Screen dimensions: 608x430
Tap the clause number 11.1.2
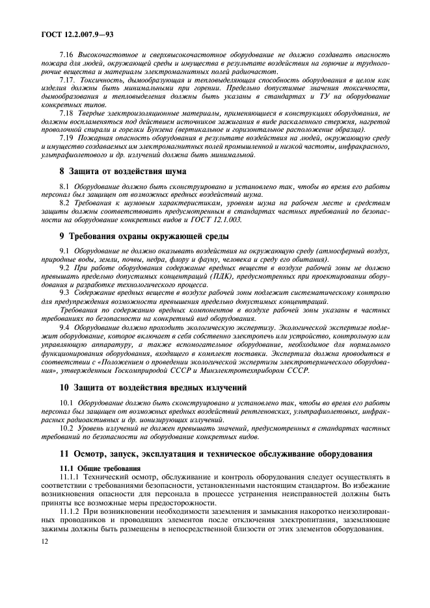(72, 512)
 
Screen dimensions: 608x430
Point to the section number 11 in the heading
(64, 453)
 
